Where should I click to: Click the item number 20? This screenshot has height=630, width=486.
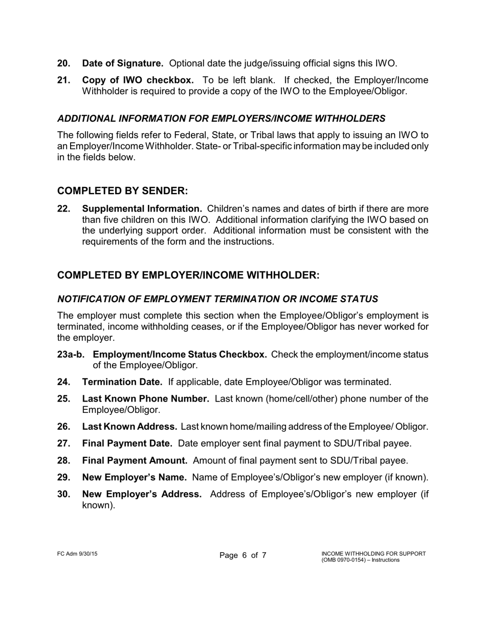[64, 64]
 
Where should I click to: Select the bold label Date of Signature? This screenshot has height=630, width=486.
[123, 64]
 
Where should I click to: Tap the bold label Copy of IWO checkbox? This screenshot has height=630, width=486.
[138, 80]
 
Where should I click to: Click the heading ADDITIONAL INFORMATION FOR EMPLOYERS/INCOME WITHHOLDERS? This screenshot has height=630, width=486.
[221, 118]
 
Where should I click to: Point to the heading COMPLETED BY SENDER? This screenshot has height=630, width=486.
[123, 191]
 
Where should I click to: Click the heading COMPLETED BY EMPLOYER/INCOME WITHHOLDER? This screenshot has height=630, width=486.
[188, 275]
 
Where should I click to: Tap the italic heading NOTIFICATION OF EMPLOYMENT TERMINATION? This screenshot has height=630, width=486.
[217, 299]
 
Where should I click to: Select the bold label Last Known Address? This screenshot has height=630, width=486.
[129, 427]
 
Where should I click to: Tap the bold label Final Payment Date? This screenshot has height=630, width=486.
[127, 444]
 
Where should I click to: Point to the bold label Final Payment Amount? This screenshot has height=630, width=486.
[135, 460]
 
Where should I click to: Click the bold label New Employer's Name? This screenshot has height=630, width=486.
[134, 477]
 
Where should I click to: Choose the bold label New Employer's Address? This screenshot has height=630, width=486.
[142, 494]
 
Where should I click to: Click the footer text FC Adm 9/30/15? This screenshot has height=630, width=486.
[77, 554]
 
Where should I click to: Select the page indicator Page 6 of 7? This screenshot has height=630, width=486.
[243, 556]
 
